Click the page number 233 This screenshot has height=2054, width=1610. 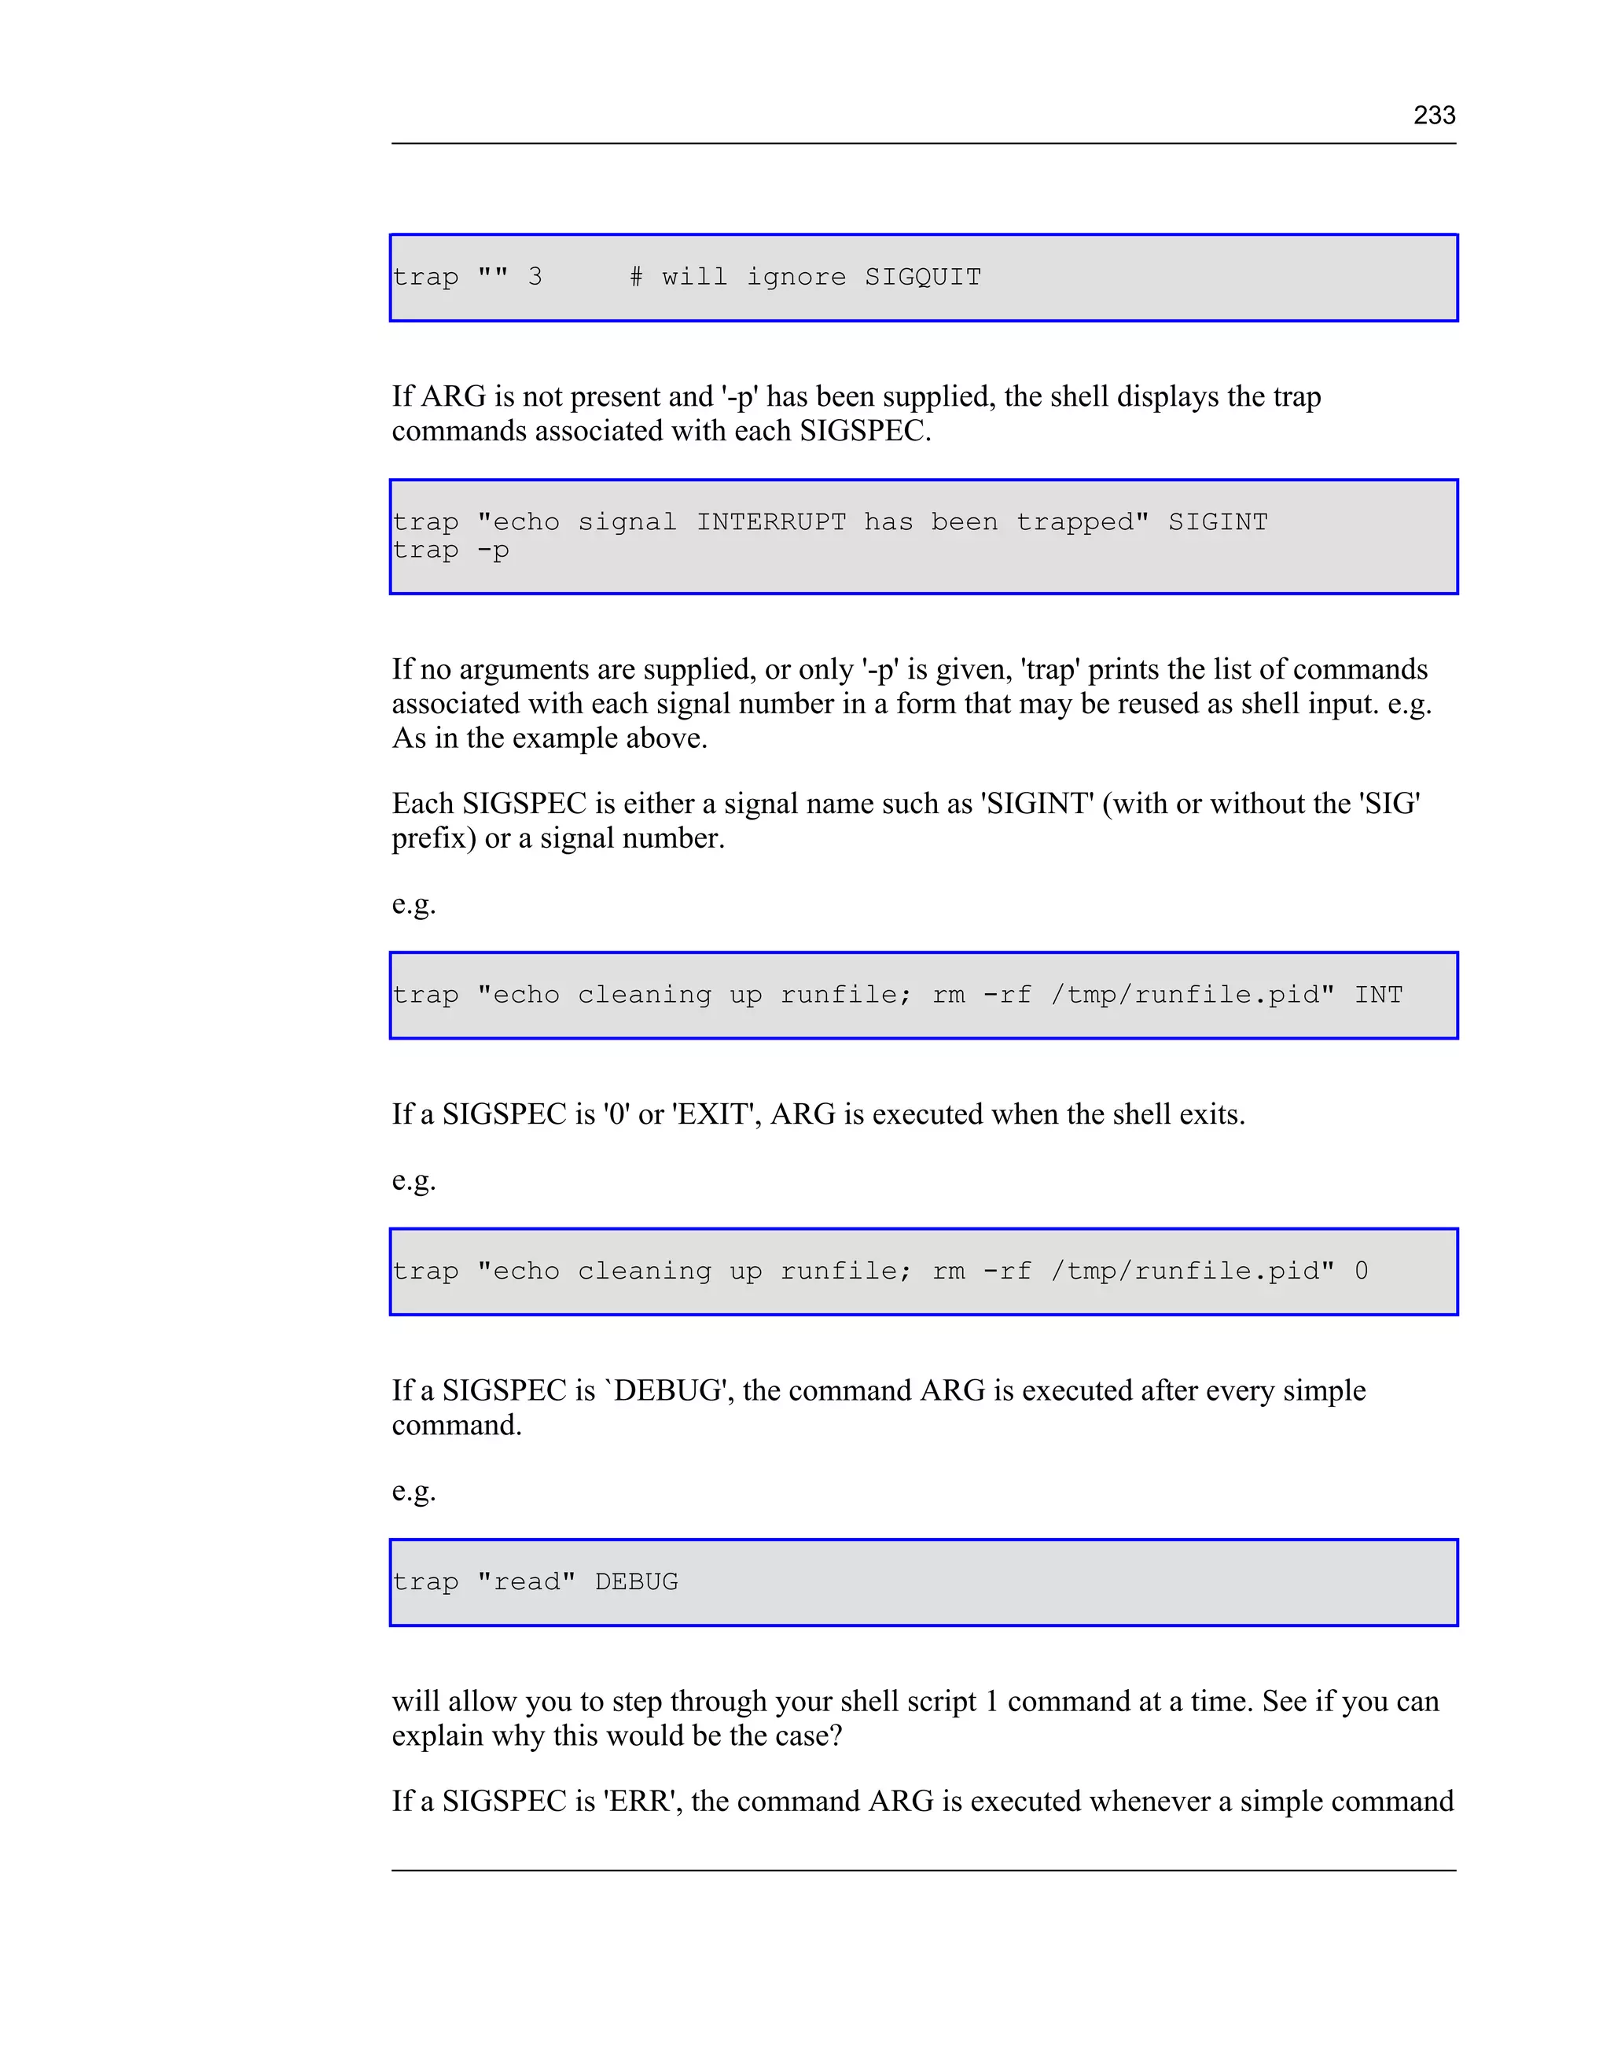pyautogui.click(x=1434, y=115)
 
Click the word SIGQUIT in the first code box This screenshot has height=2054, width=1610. pyautogui.click(x=923, y=277)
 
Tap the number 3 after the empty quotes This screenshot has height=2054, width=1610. pyautogui.click(x=535, y=277)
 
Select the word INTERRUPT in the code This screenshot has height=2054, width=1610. pyautogui.click(x=771, y=522)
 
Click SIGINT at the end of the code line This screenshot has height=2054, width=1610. pyautogui.click(x=1218, y=522)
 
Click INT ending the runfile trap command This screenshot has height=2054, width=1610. pyautogui.click(x=1378, y=996)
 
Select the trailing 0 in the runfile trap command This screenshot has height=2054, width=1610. pyautogui.click(x=1361, y=1272)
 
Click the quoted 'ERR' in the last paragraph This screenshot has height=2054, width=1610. pyautogui.click(x=644, y=1802)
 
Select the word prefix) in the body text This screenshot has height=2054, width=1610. pyautogui.click(x=434, y=838)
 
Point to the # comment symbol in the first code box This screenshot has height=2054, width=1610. pyautogui.click(x=636, y=277)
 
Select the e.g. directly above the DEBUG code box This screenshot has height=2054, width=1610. pyautogui.click(x=414, y=1491)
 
